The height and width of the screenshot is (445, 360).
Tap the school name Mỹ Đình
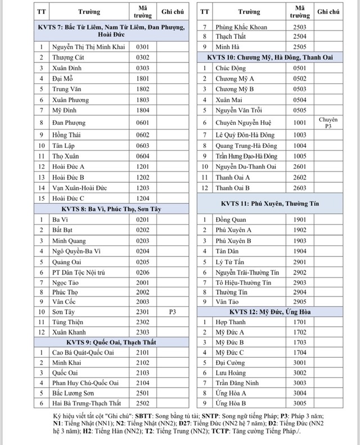[64, 110]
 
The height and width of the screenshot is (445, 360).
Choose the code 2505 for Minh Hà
[300, 47]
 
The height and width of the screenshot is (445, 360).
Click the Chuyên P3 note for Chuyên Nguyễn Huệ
[328, 123]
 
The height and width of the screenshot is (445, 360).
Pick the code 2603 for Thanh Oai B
[300, 188]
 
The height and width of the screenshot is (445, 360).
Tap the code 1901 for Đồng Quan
[300, 219]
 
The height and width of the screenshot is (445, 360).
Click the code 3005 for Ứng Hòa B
[300, 403]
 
